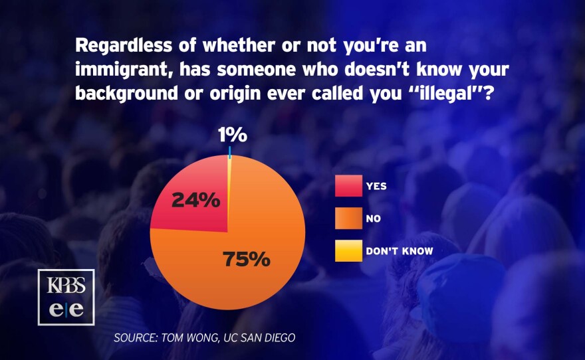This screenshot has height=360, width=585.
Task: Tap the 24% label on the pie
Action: [196, 200]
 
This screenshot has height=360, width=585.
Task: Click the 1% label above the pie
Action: [232, 136]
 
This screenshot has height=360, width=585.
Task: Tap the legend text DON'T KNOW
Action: [400, 251]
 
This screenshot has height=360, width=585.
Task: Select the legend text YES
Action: [376, 186]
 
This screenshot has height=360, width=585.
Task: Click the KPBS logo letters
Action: [66, 286]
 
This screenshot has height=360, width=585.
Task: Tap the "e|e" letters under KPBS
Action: [66, 310]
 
